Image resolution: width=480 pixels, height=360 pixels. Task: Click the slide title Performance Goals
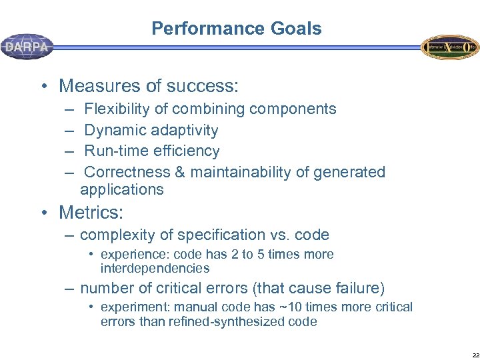tap(236, 29)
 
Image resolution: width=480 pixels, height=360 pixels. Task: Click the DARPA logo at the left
tap(27, 47)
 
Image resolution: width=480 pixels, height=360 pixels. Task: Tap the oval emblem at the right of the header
tap(449, 47)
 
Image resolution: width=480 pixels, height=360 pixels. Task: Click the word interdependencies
tap(155, 269)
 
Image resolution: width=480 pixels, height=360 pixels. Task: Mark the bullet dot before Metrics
tap(44, 213)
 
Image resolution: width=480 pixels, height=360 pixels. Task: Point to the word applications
tap(121, 189)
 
